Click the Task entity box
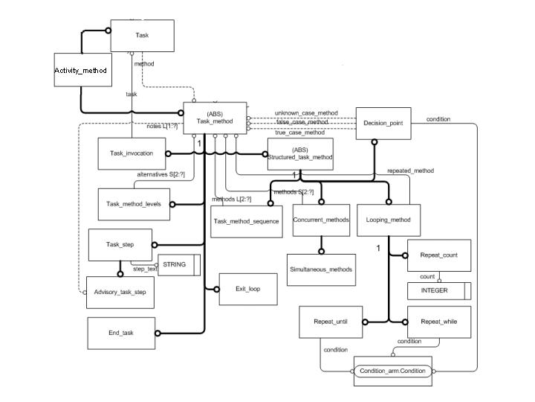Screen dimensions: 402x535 142,36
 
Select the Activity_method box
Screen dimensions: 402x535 82,71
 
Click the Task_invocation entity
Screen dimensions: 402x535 132,153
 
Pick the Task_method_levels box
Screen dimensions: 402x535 133,204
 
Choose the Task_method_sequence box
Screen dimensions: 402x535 246,221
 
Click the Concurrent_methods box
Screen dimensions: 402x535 321,220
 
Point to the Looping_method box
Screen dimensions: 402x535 389,220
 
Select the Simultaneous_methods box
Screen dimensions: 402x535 320,269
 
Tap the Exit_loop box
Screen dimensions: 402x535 239,288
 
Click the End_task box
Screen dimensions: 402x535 120,332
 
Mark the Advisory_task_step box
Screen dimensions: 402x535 120,293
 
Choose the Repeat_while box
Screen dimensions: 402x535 439,322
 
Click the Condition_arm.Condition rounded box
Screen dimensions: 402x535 391,371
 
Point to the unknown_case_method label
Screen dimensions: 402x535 306,113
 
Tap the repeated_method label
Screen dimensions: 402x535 410,170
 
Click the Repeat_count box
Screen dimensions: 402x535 439,255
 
